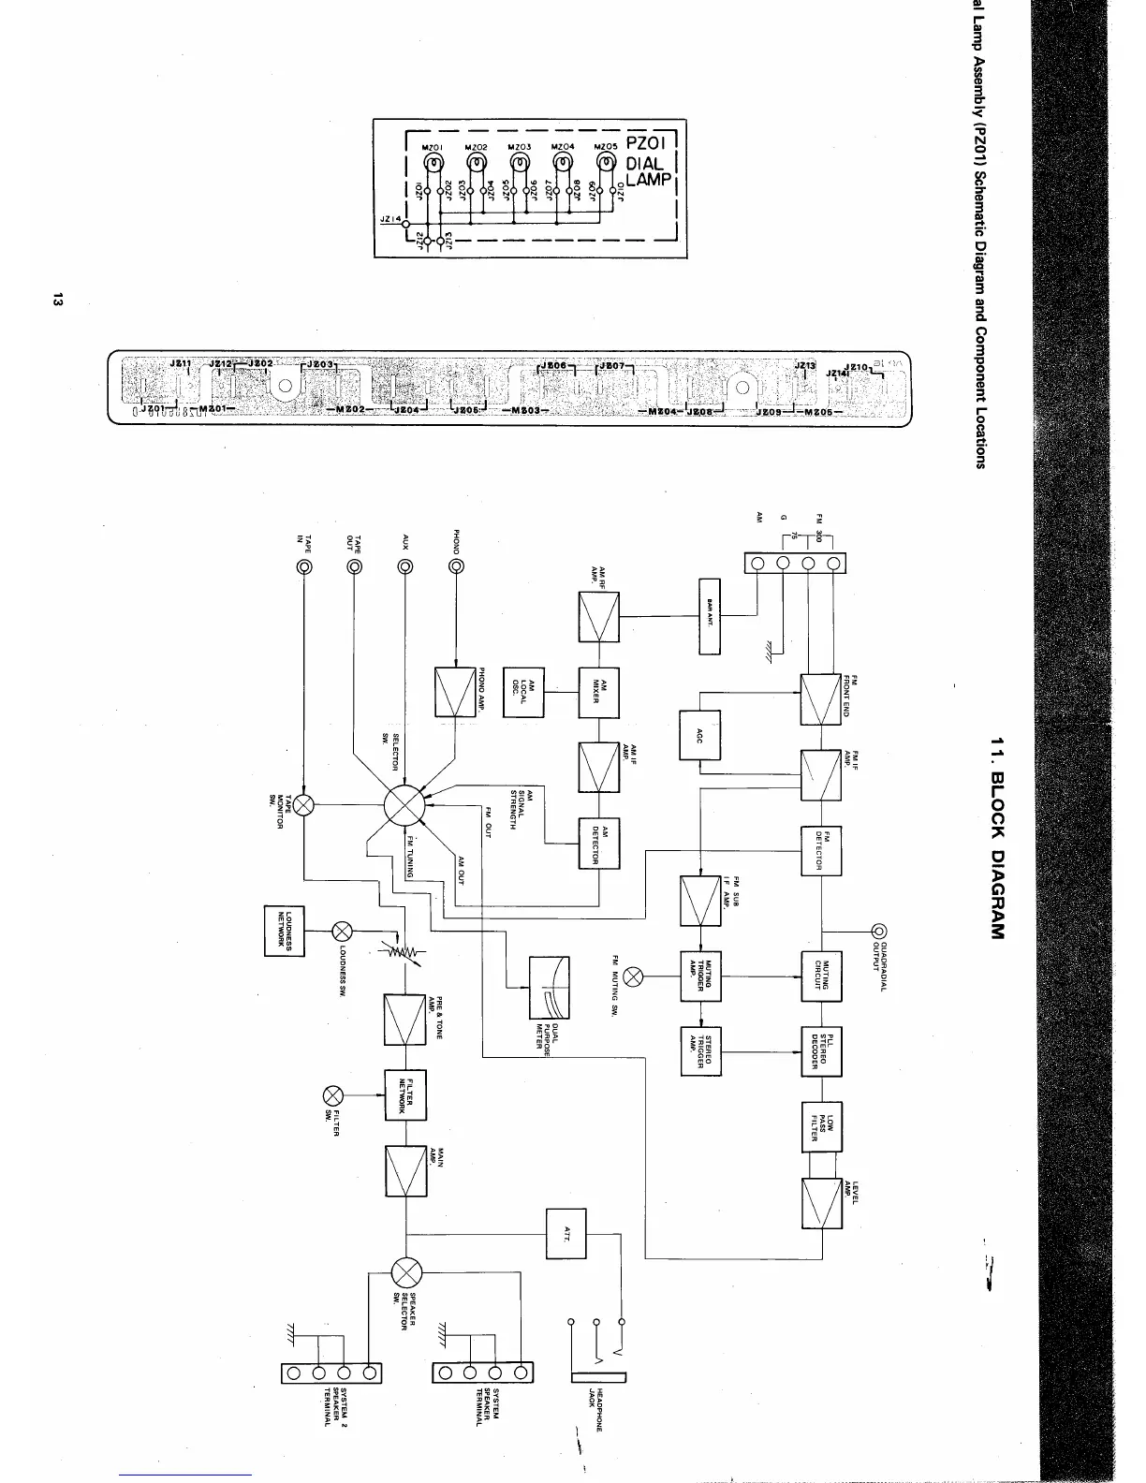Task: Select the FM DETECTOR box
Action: pos(821,851)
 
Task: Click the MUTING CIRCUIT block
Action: pos(821,976)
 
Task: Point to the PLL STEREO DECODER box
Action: pos(821,1051)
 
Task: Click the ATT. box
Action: pos(566,1233)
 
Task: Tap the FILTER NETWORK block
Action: pos(405,1094)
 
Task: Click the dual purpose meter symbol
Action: pos(550,988)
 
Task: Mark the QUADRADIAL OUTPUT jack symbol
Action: pos(879,931)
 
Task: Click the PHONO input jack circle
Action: pos(456,566)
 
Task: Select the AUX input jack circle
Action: pos(405,566)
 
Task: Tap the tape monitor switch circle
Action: pos(303,804)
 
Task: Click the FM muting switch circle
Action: pos(633,976)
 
